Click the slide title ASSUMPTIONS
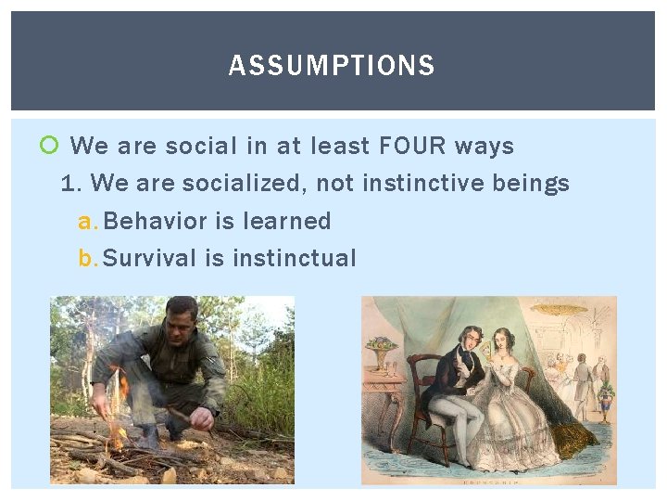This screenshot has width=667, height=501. [332, 66]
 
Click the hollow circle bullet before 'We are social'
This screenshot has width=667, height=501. [50, 146]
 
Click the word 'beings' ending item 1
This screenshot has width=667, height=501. [531, 184]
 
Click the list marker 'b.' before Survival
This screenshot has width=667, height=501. [88, 258]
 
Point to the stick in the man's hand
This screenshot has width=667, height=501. [185, 417]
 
